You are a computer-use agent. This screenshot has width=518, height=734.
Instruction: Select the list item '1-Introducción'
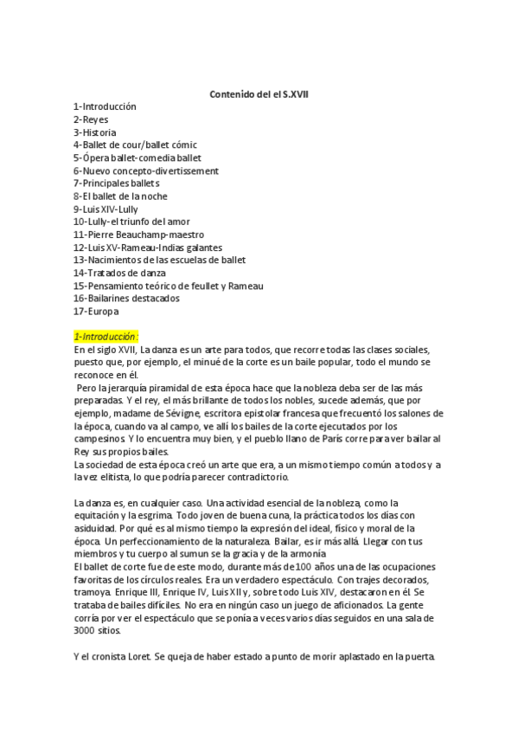(105, 106)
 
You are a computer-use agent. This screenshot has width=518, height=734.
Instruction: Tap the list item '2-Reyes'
(91, 119)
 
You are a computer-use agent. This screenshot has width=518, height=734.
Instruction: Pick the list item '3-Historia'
(95, 132)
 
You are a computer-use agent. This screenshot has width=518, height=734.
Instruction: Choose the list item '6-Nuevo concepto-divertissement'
(145, 171)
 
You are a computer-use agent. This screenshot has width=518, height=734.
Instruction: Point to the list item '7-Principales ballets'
(116, 183)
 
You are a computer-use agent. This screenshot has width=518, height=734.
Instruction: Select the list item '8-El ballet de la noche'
(120, 196)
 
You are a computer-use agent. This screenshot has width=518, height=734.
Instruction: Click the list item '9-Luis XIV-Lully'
(107, 209)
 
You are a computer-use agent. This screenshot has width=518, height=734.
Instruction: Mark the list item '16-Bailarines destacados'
(126, 298)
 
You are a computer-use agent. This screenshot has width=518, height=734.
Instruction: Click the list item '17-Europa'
(96, 311)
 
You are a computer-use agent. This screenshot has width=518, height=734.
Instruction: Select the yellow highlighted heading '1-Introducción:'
(106, 336)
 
